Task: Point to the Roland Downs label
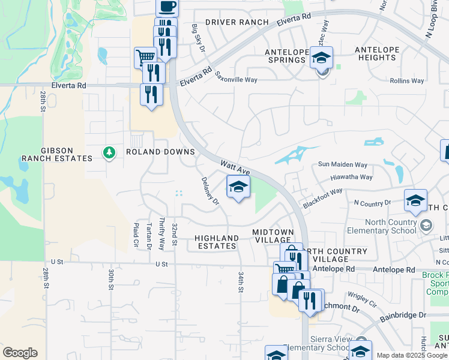(x=160, y=152)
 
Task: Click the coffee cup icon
(x=167, y=7)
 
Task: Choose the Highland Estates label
(x=217, y=242)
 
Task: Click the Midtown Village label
(x=273, y=236)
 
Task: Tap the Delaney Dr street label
(x=210, y=191)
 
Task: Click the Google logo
(x=20, y=353)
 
